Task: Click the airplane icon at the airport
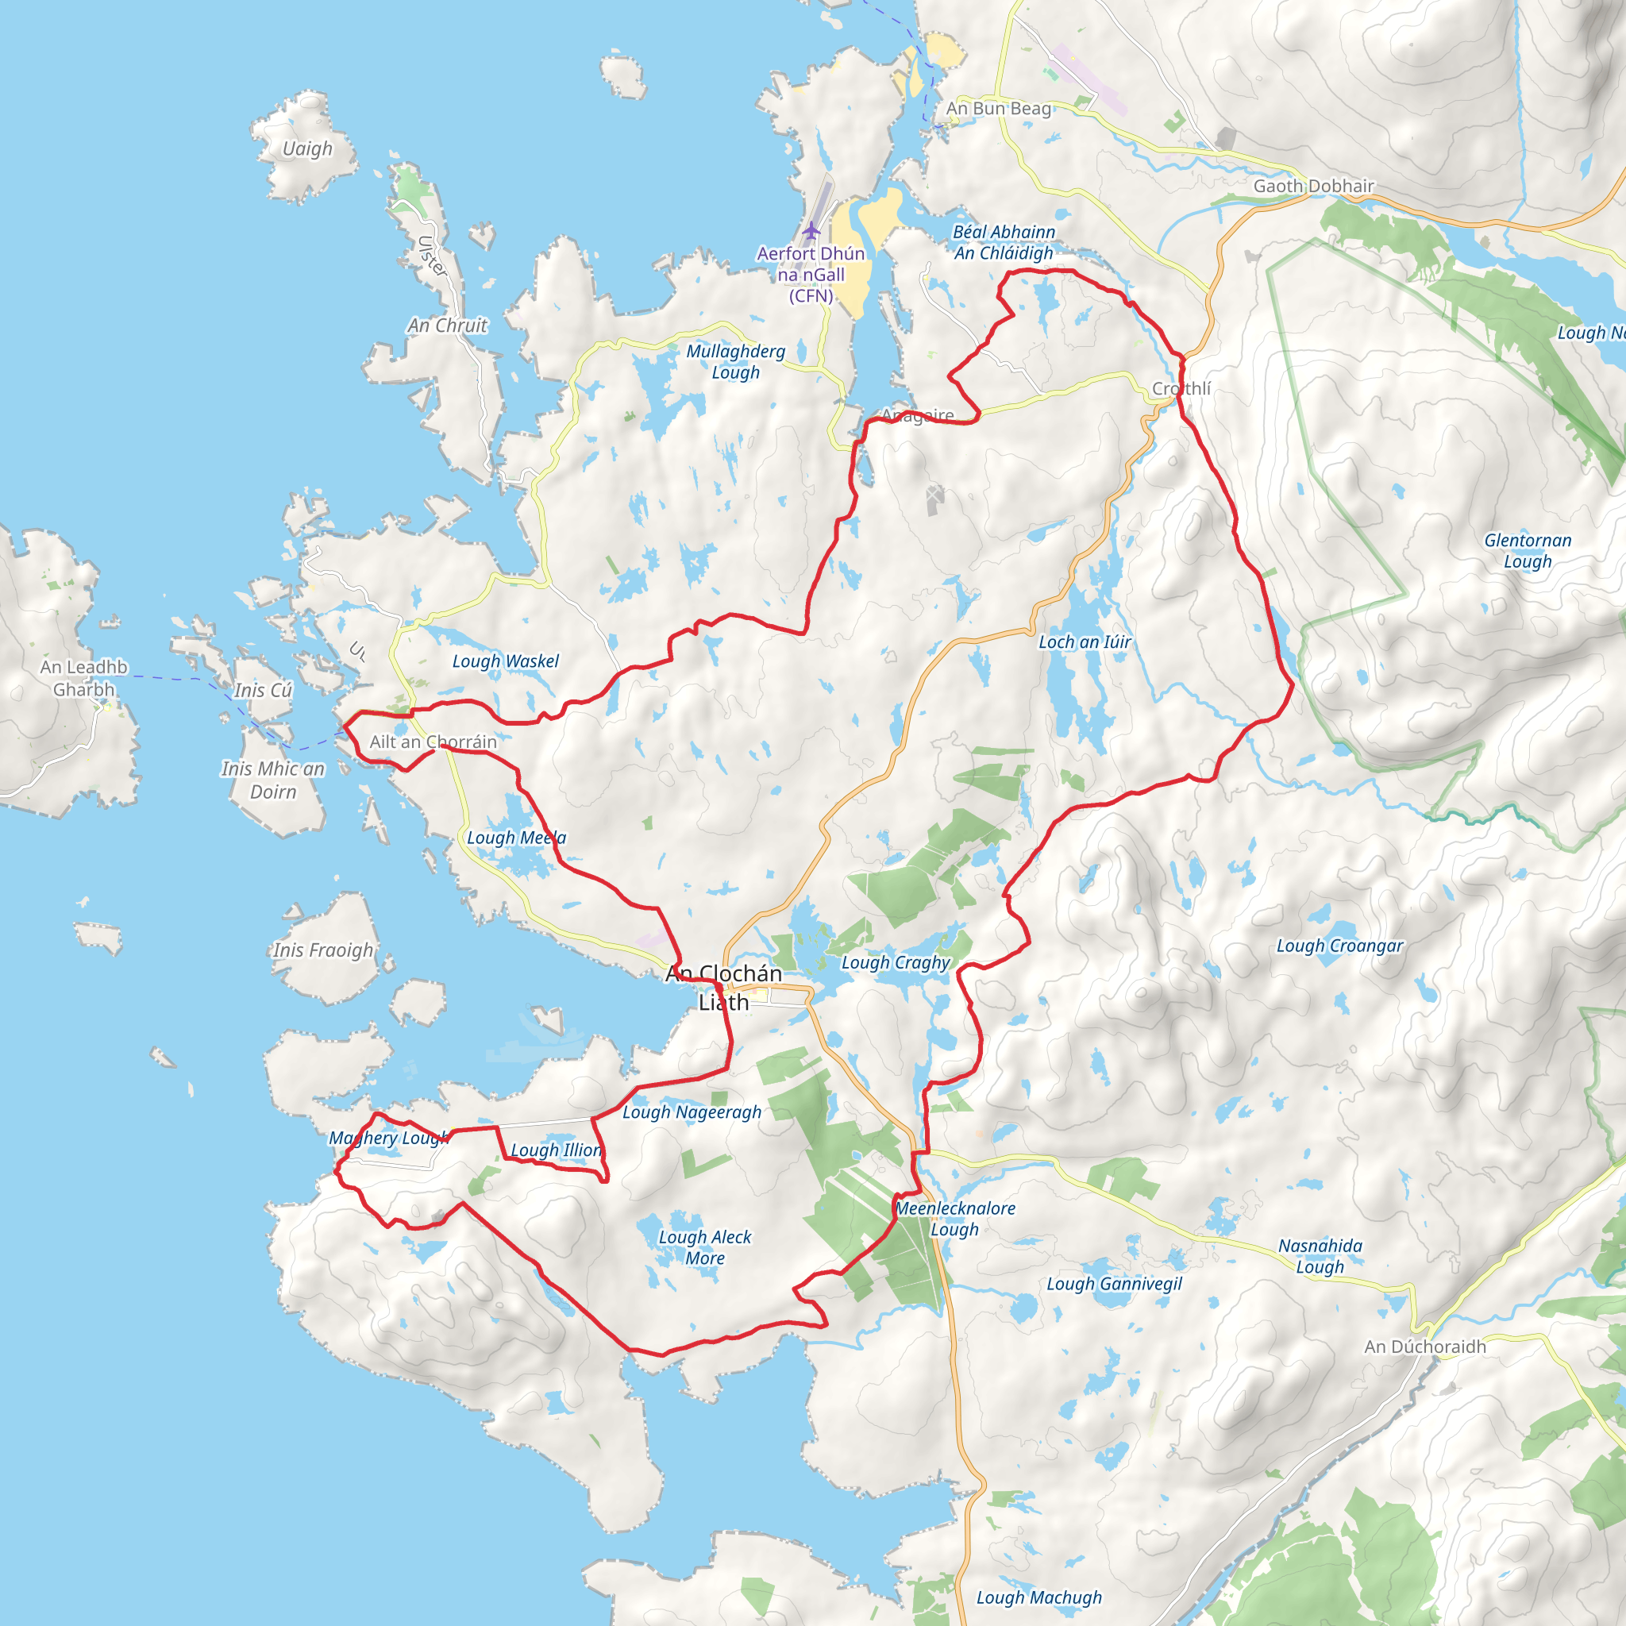(x=811, y=229)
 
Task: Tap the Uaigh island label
(x=307, y=149)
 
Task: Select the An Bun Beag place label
(x=998, y=109)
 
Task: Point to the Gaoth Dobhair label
(x=1313, y=186)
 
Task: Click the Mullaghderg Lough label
(x=735, y=362)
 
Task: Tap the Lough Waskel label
(x=505, y=661)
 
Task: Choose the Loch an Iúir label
(x=1084, y=642)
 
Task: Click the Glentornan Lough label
(x=1527, y=550)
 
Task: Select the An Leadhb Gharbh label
(x=83, y=677)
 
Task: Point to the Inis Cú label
(x=263, y=690)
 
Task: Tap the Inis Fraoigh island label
(x=323, y=950)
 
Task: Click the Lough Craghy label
(x=896, y=962)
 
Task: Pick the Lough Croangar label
(x=1340, y=946)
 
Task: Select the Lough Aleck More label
(x=704, y=1247)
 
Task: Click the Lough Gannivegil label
(x=1113, y=1284)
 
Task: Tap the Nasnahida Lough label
(x=1320, y=1256)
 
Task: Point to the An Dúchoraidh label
(x=1425, y=1347)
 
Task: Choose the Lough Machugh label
(x=1038, y=1597)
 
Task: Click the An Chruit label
(x=447, y=326)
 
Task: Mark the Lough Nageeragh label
(x=692, y=1112)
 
